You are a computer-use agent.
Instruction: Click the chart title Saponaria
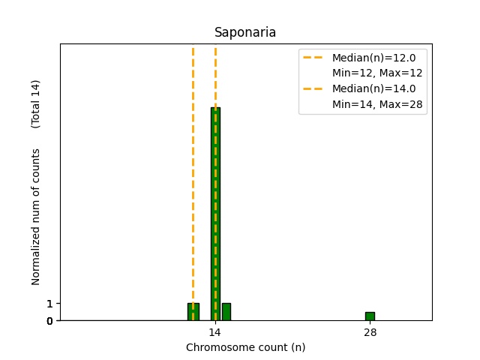coord(245,33)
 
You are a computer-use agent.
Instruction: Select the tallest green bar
coord(215,217)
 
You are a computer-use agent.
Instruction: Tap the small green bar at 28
coord(370,316)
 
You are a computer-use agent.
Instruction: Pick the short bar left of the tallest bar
coord(193,312)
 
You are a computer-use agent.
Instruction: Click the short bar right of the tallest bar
coord(226,312)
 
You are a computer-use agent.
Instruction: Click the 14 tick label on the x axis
coord(215,332)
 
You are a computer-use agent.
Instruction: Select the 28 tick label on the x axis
coord(370,332)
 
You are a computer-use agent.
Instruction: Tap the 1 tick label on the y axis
coord(49,304)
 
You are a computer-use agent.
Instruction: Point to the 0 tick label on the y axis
coord(49,321)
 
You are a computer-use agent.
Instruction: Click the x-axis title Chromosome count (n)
coord(245,347)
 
